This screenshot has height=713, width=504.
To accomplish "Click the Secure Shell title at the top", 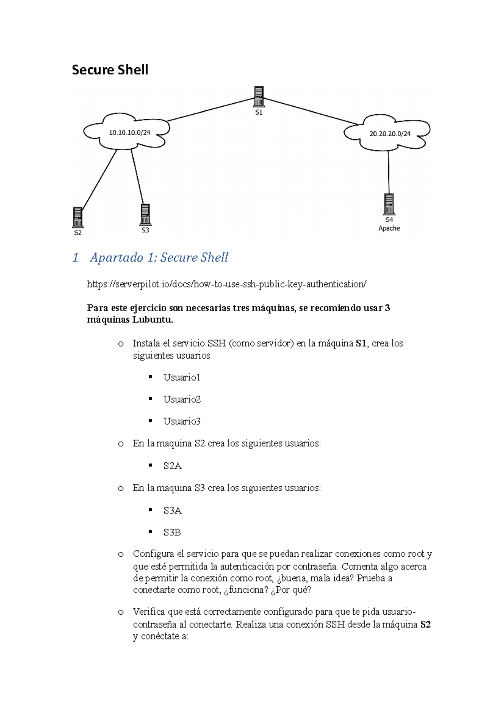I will (x=110, y=70).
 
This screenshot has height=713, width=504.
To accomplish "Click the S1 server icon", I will (x=259, y=96).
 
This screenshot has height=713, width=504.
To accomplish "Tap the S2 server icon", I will (x=78, y=217).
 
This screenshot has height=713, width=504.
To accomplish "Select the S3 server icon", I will (x=145, y=215).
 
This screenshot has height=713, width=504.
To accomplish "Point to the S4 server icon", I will (x=389, y=204).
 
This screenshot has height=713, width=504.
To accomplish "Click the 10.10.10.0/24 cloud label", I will (x=129, y=133).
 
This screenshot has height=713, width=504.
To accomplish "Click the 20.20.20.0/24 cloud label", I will (x=390, y=134).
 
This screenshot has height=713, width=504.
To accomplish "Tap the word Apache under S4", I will (x=389, y=228).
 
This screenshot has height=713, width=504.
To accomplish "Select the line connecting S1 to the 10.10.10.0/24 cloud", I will (x=210, y=110).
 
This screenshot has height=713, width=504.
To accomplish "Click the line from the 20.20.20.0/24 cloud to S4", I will (x=388, y=172).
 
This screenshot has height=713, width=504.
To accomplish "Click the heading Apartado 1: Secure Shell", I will (x=159, y=257).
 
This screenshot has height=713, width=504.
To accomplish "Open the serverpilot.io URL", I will (x=226, y=284).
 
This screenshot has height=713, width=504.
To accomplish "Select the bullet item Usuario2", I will (x=182, y=399).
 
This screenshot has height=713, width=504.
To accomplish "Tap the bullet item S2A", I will (x=172, y=466).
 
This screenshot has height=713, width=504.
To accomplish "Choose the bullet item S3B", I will (x=172, y=532).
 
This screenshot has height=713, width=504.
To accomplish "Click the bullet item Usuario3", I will (x=182, y=421).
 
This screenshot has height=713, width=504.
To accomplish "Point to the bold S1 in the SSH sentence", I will (x=361, y=343).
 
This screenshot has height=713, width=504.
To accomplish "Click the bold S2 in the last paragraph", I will (x=425, y=625).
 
